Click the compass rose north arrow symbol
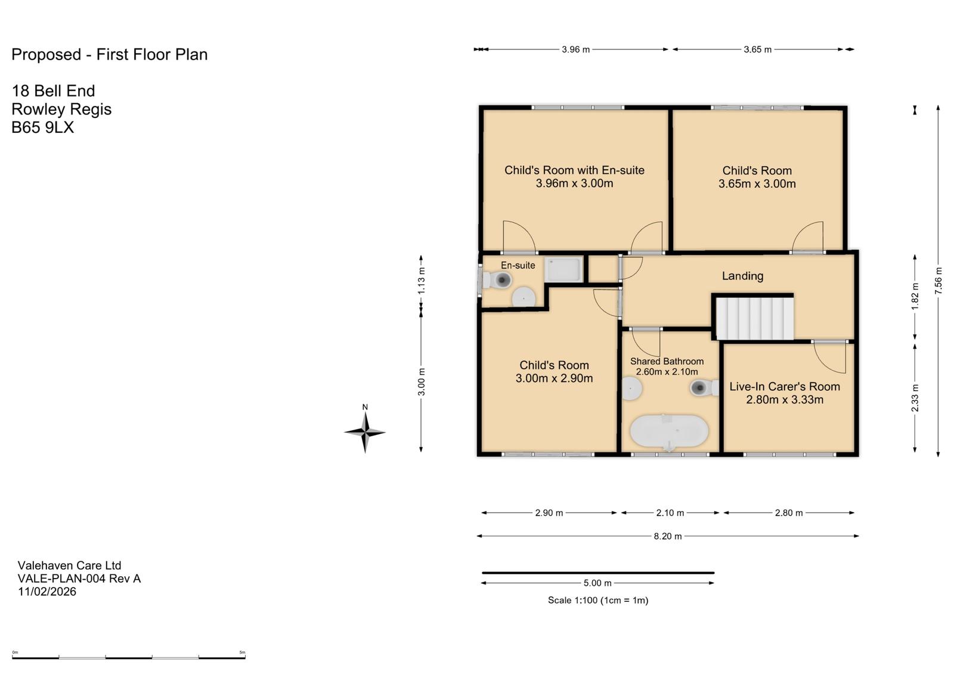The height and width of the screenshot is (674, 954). [x=365, y=431]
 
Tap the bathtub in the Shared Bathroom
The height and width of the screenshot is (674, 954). [x=669, y=431]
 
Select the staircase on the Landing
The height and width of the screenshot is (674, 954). [x=754, y=318]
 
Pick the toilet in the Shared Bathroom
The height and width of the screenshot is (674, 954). [x=704, y=387]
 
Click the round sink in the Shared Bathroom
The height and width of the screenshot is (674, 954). [x=631, y=389]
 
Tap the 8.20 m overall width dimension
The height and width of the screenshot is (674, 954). [x=668, y=536]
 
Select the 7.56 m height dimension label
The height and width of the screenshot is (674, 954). [x=938, y=281]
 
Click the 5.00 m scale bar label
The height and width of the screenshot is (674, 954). [x=597, y=583]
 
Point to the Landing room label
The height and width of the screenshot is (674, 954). [x=742, y=276]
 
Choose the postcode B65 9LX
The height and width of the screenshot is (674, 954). [x=42, y=128]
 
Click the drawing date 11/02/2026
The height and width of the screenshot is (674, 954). [x=47, y=591]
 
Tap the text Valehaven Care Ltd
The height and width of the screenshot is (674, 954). [x=69, y=566]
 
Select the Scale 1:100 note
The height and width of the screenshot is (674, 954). [x=598, y=600]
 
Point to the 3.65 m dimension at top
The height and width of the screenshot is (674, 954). [x=758, y=49]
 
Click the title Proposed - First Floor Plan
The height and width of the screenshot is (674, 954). [x=110, y=54]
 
